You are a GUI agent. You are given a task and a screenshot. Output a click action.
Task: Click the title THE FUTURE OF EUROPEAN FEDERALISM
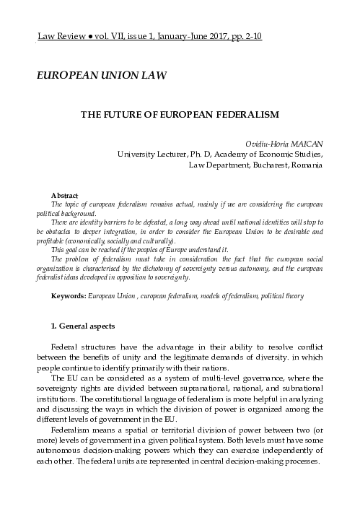click(179, 114)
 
